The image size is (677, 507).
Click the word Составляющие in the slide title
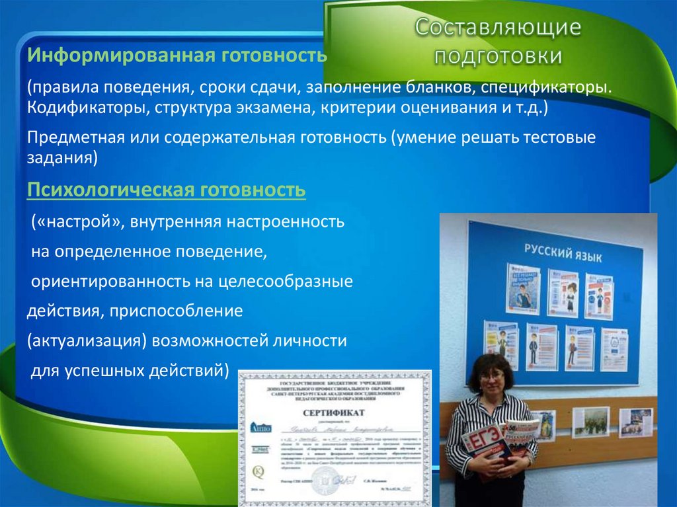(x=498, y=28)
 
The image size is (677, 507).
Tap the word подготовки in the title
(x=498, y=56)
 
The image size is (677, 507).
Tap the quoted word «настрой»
(x=78, y=221)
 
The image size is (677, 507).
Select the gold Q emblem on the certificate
(x=259, y=472)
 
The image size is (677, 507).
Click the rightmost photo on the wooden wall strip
(x=635, y=422)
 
